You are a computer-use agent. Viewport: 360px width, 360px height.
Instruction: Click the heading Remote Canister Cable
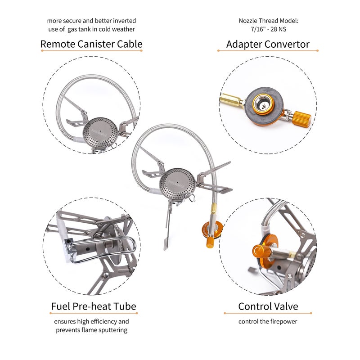91,44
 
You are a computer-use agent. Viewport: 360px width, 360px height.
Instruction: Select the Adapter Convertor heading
268,44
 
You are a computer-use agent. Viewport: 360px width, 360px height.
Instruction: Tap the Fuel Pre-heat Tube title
93,307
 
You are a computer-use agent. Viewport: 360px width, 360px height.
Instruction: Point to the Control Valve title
268,307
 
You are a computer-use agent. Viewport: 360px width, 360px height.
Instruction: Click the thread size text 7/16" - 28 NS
268,29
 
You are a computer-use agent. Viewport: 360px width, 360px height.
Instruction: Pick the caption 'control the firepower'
268,322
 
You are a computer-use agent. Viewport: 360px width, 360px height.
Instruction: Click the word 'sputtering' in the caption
112,330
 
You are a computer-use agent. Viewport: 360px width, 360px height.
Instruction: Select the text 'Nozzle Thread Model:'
268,21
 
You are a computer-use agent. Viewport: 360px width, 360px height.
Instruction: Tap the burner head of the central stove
177,182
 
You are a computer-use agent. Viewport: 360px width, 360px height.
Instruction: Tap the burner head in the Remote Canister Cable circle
100,131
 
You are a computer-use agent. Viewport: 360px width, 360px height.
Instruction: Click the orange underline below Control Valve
268,314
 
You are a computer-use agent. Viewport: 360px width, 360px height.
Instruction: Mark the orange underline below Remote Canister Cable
91,51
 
